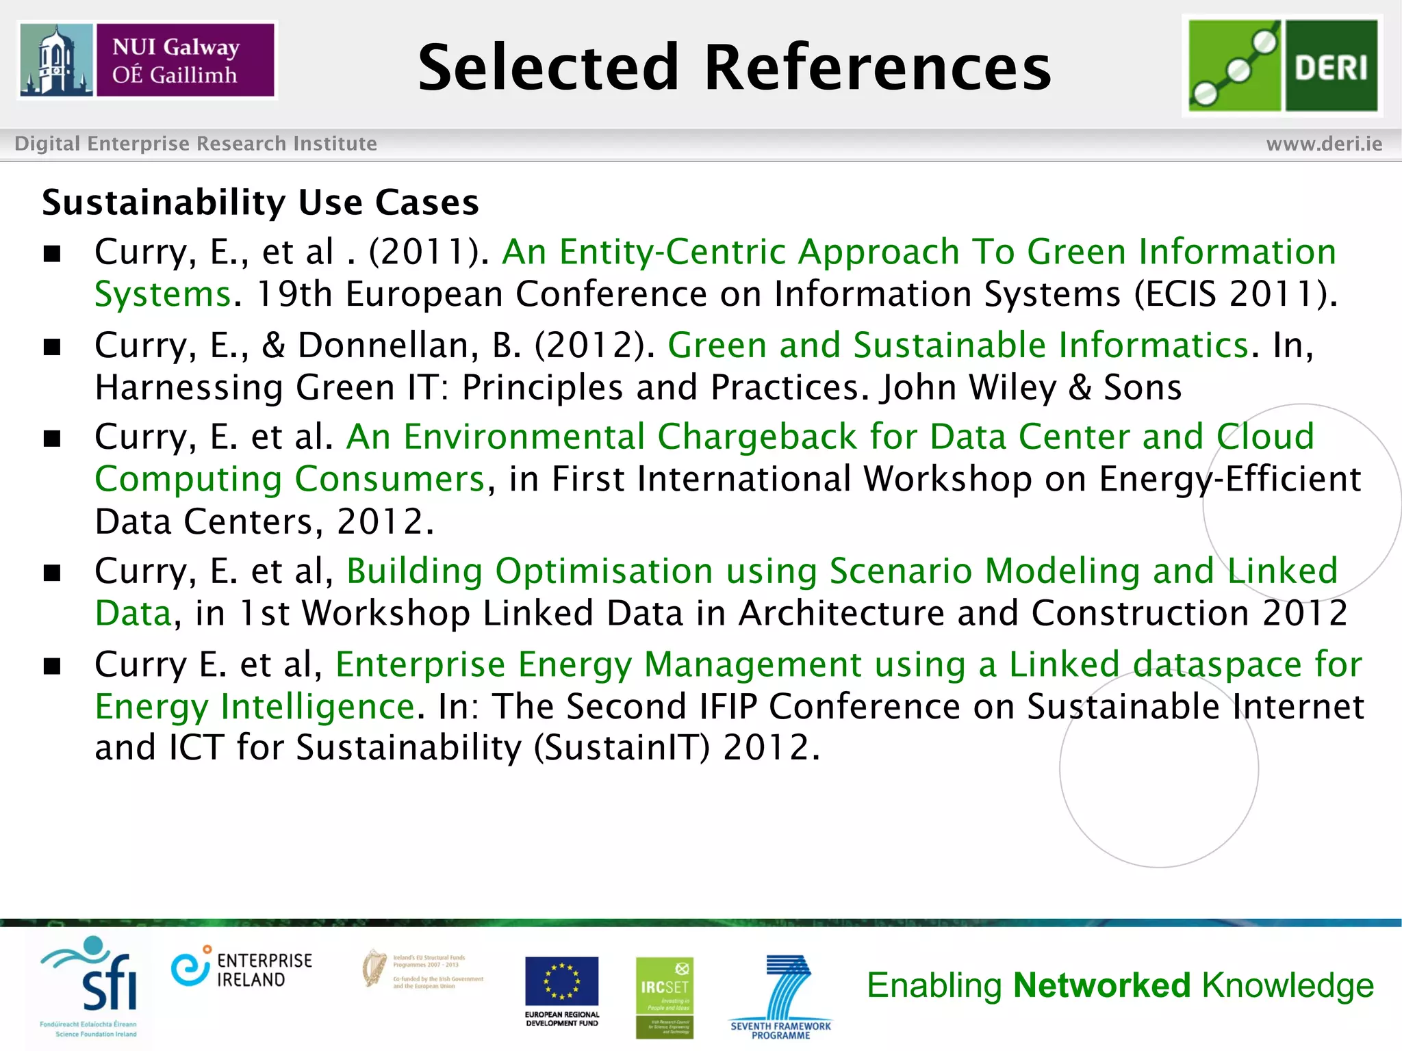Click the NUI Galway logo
(x=147, y=60)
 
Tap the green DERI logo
(x=1282, y=66)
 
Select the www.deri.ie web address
(x=1324, y=144)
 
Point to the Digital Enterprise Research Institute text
(x=196, y=144)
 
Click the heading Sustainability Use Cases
(x=260, y=203)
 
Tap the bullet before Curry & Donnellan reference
(x=52, y=347)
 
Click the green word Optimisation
(x=604, y=571)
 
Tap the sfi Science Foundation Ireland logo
(x=90, y=986)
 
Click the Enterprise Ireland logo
(x=242, y=970)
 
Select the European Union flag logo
(x=561, y=982)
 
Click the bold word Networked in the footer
(x=1102, y=986)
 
